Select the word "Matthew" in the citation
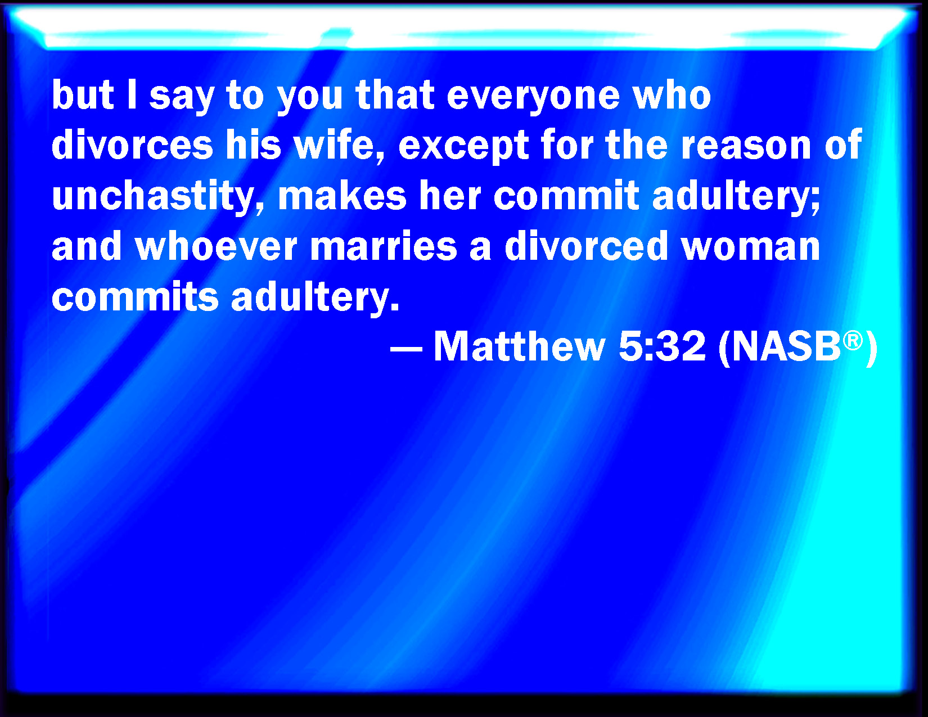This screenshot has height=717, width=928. [519, 346]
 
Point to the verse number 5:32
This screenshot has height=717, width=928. [662, 346]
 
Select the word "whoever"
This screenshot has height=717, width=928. [216, 246]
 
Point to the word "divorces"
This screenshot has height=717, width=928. [132, 145]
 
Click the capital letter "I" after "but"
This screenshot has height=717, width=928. [132, 94]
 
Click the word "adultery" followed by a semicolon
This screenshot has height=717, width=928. [736, 197]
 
